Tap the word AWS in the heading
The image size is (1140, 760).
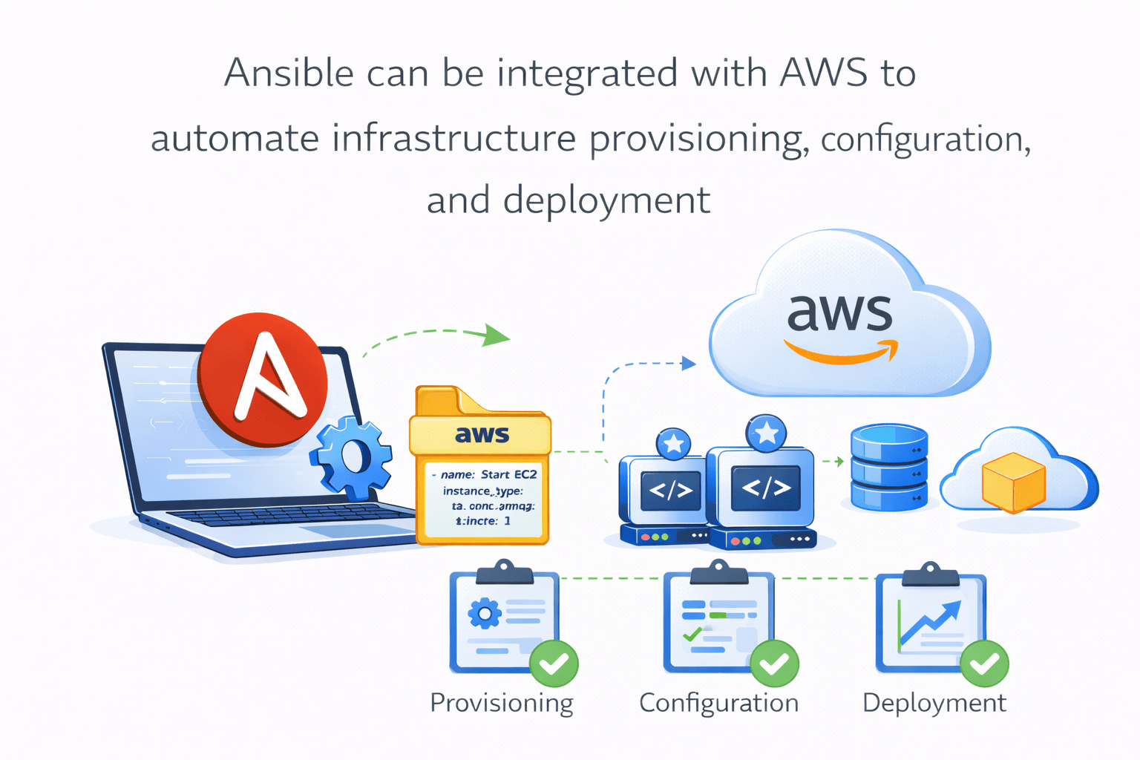coord(824,73)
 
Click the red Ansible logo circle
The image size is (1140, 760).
coord(263,379)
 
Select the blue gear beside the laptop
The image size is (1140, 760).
coord(351,456)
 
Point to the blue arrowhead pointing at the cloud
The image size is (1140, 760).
coord(689,364)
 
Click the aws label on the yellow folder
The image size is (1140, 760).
coord(482,434)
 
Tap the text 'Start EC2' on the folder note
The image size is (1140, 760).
coord(508,474)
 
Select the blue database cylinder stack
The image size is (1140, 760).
coord(888,467)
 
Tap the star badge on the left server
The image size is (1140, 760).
coord(673,444)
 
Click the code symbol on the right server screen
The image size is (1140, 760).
coord(766,488)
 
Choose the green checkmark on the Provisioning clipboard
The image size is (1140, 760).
coord(554,663)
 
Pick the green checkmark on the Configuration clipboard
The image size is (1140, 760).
coord(774,663)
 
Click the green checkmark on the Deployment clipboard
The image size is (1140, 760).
coord(985,663)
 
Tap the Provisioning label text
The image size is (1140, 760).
coord(502,703)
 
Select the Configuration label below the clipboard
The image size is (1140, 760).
coord(718,703)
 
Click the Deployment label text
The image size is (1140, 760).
coord(934,703)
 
